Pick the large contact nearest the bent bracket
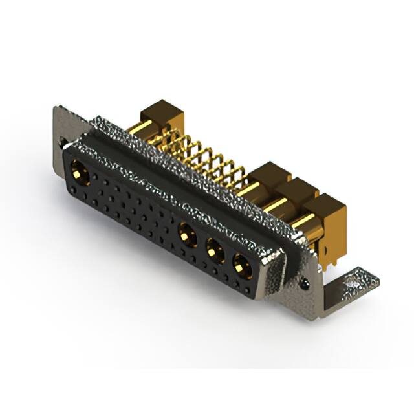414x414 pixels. [x=242, y=264]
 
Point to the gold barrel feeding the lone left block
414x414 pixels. [x=147, y=127]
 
